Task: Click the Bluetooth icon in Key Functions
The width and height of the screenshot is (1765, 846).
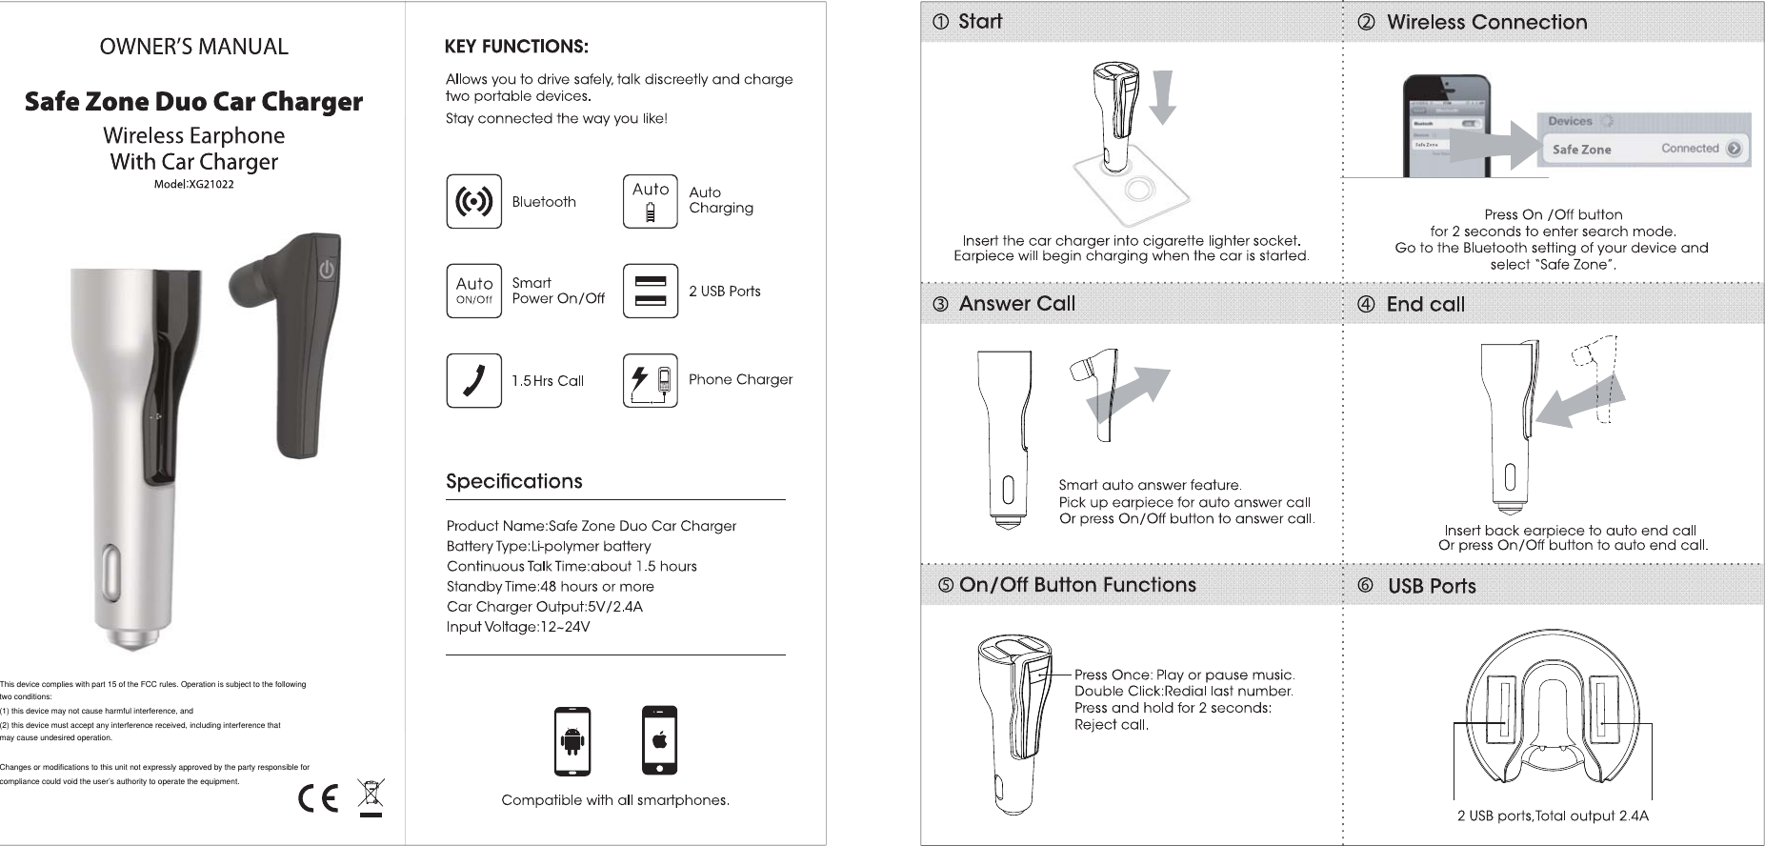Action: coord(473,201)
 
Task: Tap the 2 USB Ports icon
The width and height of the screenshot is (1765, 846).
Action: coord(650,291)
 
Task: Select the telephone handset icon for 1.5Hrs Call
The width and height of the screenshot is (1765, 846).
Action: coord(473,380)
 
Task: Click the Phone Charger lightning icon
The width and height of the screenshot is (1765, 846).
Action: coord(650,380)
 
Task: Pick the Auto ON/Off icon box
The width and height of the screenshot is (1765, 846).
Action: coord(473,291)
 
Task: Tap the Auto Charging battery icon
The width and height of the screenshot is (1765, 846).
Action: coord(650,201)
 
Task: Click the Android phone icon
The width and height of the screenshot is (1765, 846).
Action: coord(572,741)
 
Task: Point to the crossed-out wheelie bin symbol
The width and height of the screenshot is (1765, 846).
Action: coord(371,797)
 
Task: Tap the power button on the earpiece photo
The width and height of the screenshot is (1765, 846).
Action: coord(327,270)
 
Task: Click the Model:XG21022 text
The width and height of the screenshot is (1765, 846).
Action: coord(194,184)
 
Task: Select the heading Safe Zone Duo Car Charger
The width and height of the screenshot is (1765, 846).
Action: coord(193,102)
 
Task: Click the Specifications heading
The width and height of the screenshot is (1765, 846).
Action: coord(514,481)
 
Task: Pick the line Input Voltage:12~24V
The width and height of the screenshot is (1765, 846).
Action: coord(518,627)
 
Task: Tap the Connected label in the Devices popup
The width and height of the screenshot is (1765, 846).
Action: coord(1690,149)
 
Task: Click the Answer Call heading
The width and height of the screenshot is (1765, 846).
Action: coord(1016,304)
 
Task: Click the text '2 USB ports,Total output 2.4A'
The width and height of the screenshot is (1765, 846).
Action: coord(1553,816)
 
